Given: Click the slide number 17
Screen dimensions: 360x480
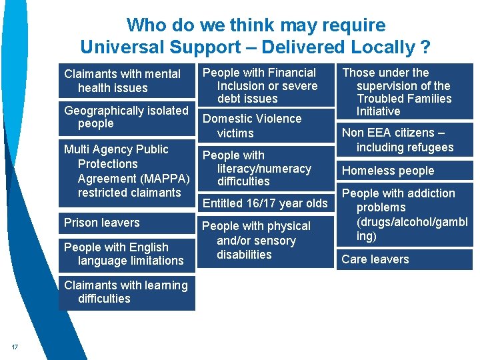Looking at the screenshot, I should tap(15, 345).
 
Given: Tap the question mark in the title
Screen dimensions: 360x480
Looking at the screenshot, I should tap(425, 47).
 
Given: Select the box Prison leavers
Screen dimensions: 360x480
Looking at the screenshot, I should tap(127, 223).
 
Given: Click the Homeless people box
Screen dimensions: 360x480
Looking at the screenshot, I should tap(404, 171).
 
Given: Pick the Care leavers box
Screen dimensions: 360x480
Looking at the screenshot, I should tap(404, 259).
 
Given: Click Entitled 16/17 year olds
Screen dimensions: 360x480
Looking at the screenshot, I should tap(265, 203).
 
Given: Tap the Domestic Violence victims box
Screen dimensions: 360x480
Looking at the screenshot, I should tap(265, 125).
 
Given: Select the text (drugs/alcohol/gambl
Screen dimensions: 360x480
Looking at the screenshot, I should tap(412, 222).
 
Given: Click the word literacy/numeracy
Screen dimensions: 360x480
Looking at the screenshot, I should tap(264, 169).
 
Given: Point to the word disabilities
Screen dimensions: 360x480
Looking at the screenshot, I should tap(244, 255).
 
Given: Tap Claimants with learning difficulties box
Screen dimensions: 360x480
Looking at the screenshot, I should tap(127, 292).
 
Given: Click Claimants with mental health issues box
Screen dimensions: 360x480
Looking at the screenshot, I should tap(127, 81).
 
